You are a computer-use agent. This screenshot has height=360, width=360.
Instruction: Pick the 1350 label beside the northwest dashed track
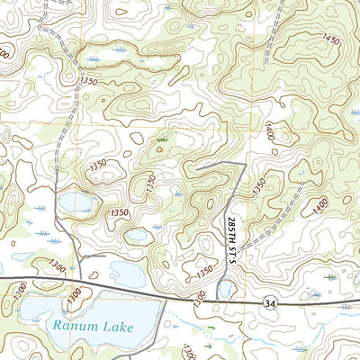click(x=88, y=82)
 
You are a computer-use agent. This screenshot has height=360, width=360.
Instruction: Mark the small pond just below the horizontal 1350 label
click(x=137, y=235)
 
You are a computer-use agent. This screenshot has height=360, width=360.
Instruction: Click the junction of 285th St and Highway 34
click(x=236, y=302)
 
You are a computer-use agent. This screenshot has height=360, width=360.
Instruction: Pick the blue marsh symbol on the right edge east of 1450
click(x=354, y=112)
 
